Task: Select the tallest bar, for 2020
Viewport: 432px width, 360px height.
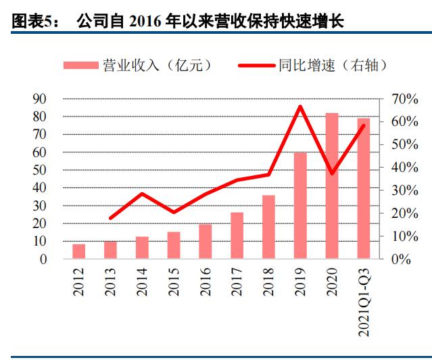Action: pos(332,185)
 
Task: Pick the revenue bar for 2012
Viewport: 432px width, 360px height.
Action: pos(79,251)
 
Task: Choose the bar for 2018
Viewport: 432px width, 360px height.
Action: pos(268,227)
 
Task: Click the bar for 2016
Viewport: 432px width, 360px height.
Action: pos(206,241)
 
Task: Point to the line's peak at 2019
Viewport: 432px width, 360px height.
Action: pos(300,106)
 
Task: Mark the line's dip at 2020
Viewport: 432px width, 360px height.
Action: pos(332,174)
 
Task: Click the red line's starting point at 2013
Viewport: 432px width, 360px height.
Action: pos(111,218)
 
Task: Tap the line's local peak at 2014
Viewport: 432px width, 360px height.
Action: pos(142,194)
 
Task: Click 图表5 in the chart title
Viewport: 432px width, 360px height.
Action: pos(34,22)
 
